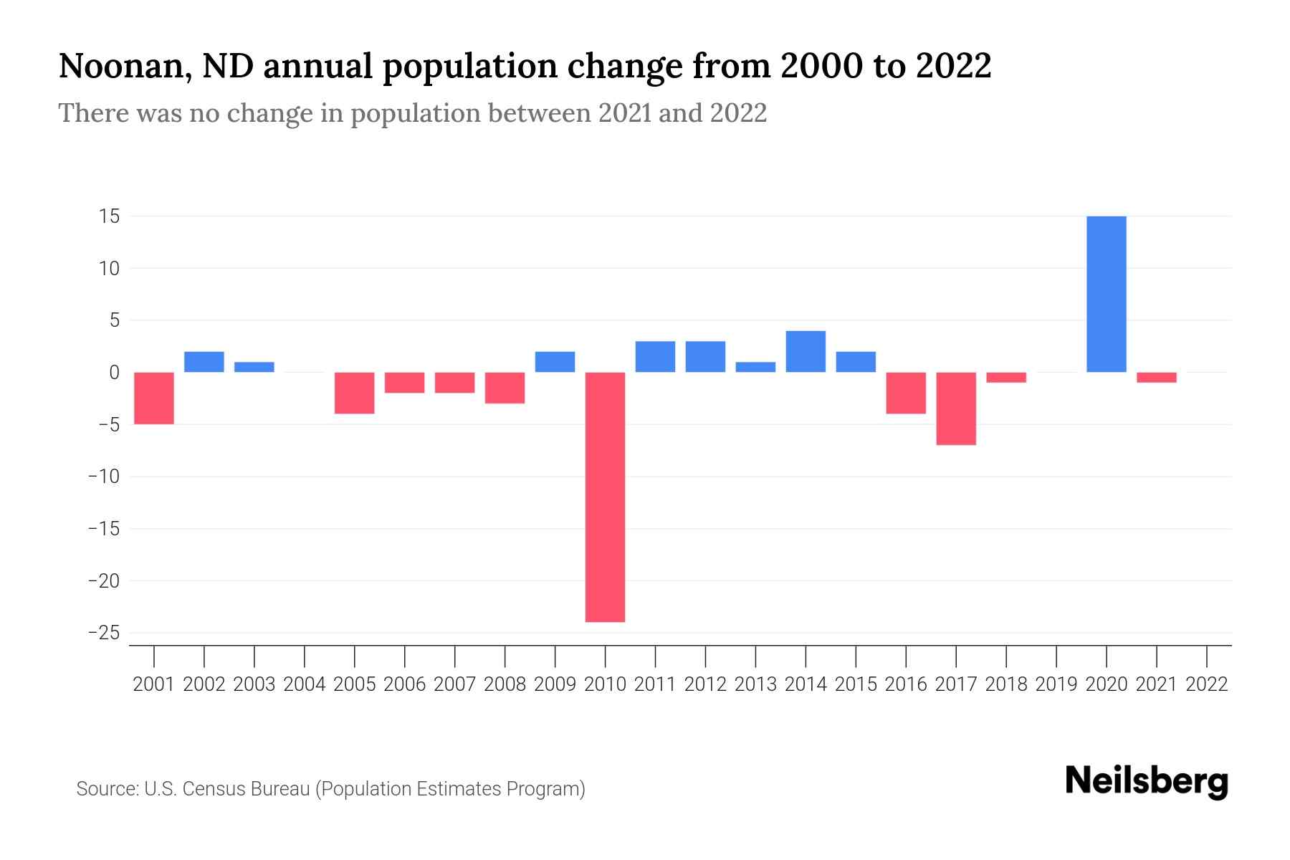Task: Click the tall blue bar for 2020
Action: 1106,294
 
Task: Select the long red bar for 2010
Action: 605,497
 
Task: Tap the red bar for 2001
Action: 154,398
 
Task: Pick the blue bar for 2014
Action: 806,351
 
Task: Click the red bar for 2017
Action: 956,408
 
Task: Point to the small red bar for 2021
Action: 1156,377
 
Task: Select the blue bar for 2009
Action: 555,362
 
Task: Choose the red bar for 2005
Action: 355,393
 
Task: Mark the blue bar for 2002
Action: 204,362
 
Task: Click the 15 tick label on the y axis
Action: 109,216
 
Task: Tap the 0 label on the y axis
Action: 114,373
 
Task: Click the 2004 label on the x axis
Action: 305,684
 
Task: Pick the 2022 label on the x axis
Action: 1207,684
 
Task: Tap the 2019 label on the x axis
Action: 1056,684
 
